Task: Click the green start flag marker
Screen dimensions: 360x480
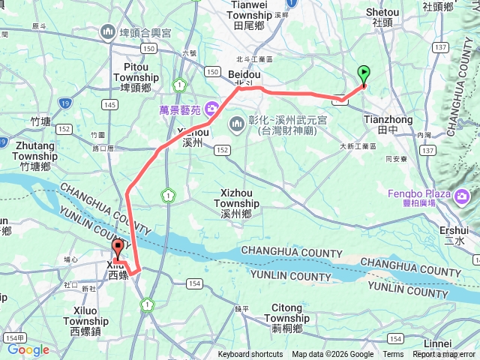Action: pyautogui.click(x=364, y=74)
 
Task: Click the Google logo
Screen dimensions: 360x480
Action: pyautogui.click(x=28, y=349)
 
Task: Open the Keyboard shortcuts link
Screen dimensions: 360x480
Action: pyautogui.click(x=250, y=355)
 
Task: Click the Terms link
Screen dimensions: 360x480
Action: pyautogui.click(x=393, y=355)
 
